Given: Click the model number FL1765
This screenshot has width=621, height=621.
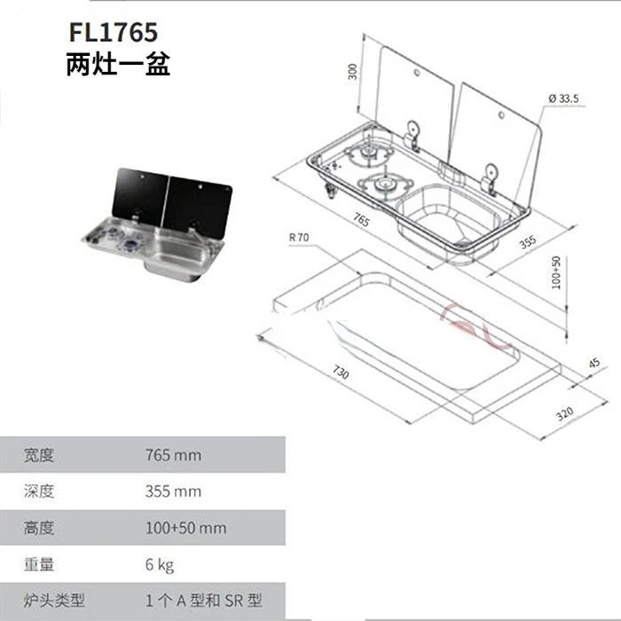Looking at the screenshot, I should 113,33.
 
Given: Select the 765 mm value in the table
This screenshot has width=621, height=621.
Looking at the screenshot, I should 173,455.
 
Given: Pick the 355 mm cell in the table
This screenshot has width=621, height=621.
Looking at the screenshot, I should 173,491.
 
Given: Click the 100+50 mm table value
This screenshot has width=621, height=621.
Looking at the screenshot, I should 185,528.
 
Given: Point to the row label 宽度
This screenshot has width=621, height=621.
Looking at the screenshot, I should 39,455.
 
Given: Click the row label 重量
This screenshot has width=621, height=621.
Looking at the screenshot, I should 39,564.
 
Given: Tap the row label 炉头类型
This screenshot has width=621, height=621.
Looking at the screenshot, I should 53,601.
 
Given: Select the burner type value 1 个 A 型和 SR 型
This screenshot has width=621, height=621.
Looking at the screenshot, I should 203,601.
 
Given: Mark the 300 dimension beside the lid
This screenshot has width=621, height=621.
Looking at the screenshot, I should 352,72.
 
